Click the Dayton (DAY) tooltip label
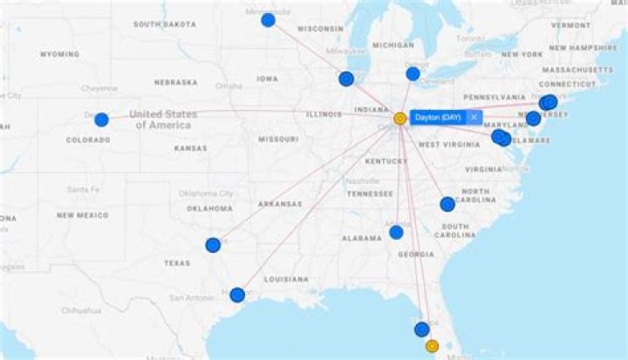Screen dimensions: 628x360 (x=438, y=117)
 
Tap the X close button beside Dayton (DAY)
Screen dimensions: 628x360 (x=474, y=117)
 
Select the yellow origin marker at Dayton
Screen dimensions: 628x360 (x=400, y=118)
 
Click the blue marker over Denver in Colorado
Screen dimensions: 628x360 (x=101, y=119)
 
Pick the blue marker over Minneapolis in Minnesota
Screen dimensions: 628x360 (x=268, y=19)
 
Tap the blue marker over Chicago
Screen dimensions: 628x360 (x=346, y=78)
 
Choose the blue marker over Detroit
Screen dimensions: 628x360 (x=413, y=73)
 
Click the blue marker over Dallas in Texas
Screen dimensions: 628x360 (x=213, y=245)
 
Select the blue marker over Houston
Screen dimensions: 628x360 (x=237, y=295)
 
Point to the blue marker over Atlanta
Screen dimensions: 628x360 (x=396, y=232)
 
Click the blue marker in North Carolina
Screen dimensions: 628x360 (x=447, y=204)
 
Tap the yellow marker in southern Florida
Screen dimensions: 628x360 (x=431, y=346)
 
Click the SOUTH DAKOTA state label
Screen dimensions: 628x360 (x=164, y=24)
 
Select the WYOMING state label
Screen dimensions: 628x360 (x=59, y=54)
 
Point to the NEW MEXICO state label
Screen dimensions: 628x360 (x=83, y=214)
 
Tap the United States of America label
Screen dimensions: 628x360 (x=163, y=119)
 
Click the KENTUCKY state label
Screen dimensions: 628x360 (x=386, y=161)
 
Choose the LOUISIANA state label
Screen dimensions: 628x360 (x=285, y=279)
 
